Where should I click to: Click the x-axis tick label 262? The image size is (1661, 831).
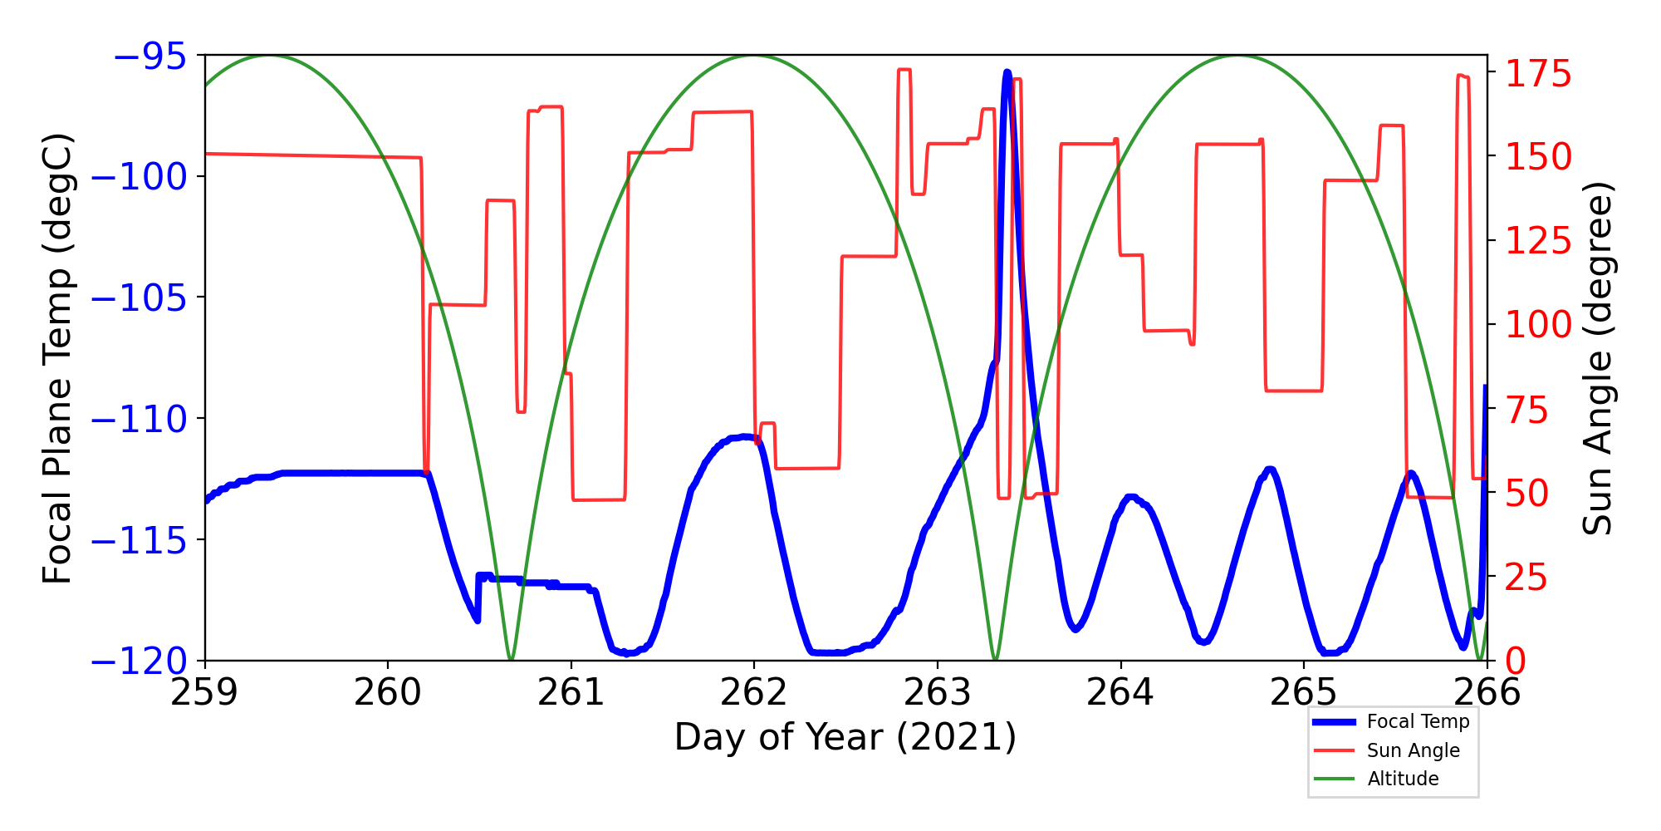(x=753, y=692)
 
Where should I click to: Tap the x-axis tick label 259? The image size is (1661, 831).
(x=204, y=692)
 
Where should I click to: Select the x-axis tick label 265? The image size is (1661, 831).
(x=1303, y=692)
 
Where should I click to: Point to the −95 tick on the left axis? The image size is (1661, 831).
(x=150, y=56)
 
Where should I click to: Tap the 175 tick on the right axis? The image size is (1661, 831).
(x=1538, y=74)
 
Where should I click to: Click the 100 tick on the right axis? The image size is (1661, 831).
(x=1538, y=324)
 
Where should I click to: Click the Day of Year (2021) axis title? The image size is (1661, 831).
(x=845, y=737)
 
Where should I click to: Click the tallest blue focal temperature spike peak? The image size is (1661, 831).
(x=1007, y=73)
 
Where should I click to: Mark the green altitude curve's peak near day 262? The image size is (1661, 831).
(x=753, y=57)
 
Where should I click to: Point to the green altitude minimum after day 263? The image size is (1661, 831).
(x=995, y=659)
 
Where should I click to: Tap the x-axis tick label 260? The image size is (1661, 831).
(x=387, y=692)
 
